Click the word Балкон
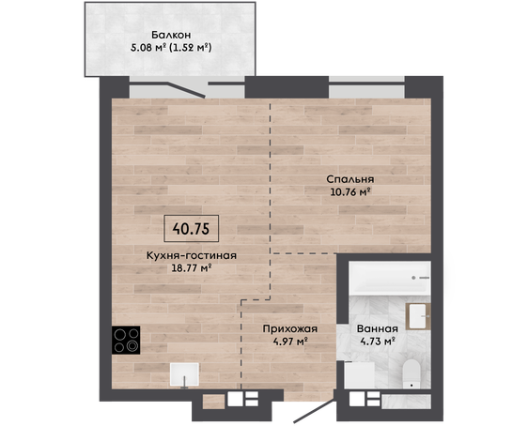point(171,35)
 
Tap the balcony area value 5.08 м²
point(148,48)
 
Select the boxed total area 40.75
point(191,229)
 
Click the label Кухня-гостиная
point(192,255)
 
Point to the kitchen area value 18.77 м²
point(192,268)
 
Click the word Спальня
point(350,179)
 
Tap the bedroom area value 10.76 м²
point(350,192)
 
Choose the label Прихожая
point(290,328)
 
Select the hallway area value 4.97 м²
point(290,342)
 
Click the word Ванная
point(378,328)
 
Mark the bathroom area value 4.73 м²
point(378,342)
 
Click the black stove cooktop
point(126,340)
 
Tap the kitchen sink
point(184,374)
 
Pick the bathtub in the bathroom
point(390,278)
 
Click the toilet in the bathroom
point(412,373)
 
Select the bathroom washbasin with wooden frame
point(418,316)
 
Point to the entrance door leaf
point(315,411)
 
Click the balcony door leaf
point(186,89)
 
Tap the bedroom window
point(366,87)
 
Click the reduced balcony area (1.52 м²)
point(191,48)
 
